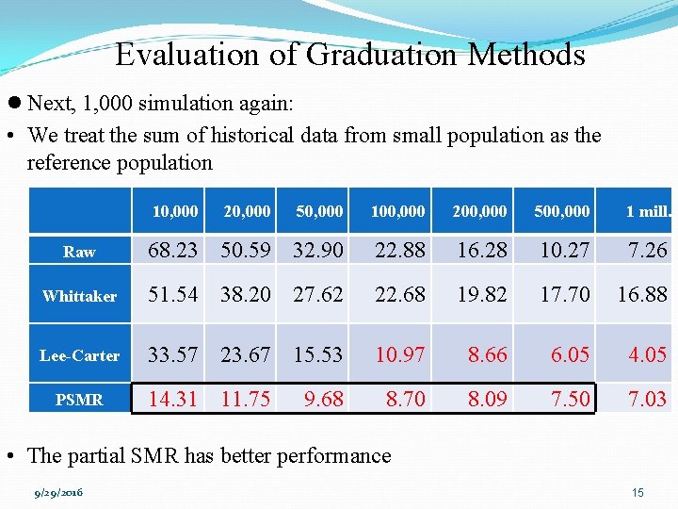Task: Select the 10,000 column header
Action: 175,211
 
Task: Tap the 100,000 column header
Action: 397,211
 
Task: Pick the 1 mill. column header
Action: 648,211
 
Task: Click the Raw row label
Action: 79,252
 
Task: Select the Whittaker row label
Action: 79,296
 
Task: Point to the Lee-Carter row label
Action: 79,355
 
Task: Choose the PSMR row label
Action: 79,400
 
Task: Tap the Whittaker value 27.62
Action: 318,295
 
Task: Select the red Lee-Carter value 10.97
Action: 400,354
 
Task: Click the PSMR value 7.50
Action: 570,399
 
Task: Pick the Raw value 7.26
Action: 648,251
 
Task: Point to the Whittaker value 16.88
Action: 642,295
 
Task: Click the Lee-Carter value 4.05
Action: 648,354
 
